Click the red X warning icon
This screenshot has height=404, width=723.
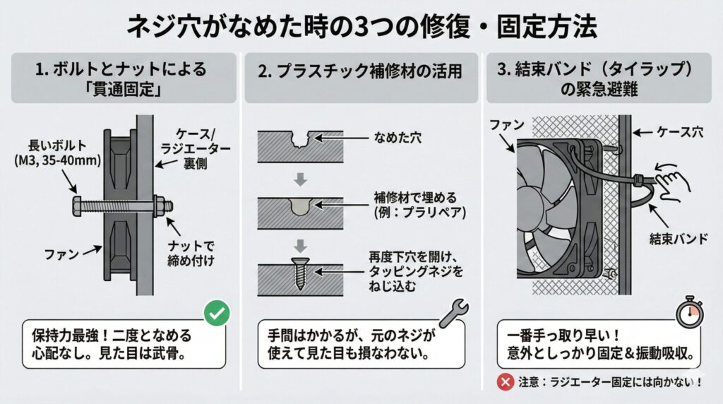click(505, 381)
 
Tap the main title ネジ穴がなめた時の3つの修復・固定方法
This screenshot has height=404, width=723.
click(361, 27)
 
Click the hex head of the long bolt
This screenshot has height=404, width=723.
click(76, 206)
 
